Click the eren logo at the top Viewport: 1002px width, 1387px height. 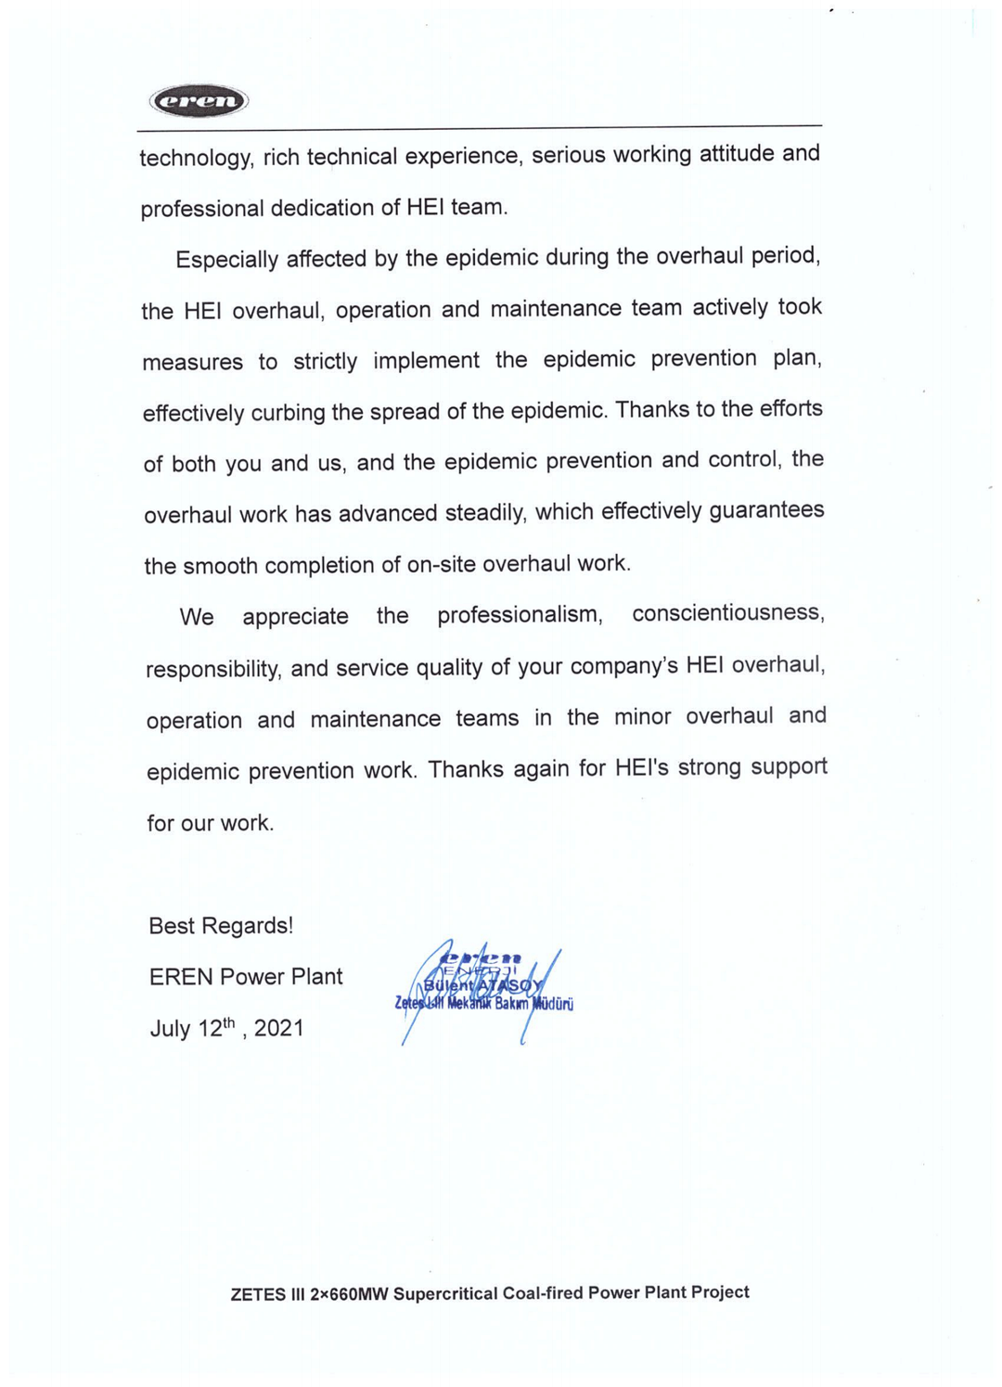click(199, 100)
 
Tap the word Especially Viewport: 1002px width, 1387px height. click(226, 259)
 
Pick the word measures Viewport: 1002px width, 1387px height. click(192, 362)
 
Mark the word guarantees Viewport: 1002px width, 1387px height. click(766, 510)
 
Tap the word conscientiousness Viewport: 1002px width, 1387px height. click(727, 612)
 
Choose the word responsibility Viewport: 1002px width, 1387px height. click(213, 669)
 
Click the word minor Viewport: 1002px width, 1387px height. click(642, 717)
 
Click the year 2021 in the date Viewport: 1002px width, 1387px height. click(279, 1028)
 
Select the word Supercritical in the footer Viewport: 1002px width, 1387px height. click(445, 1293)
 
